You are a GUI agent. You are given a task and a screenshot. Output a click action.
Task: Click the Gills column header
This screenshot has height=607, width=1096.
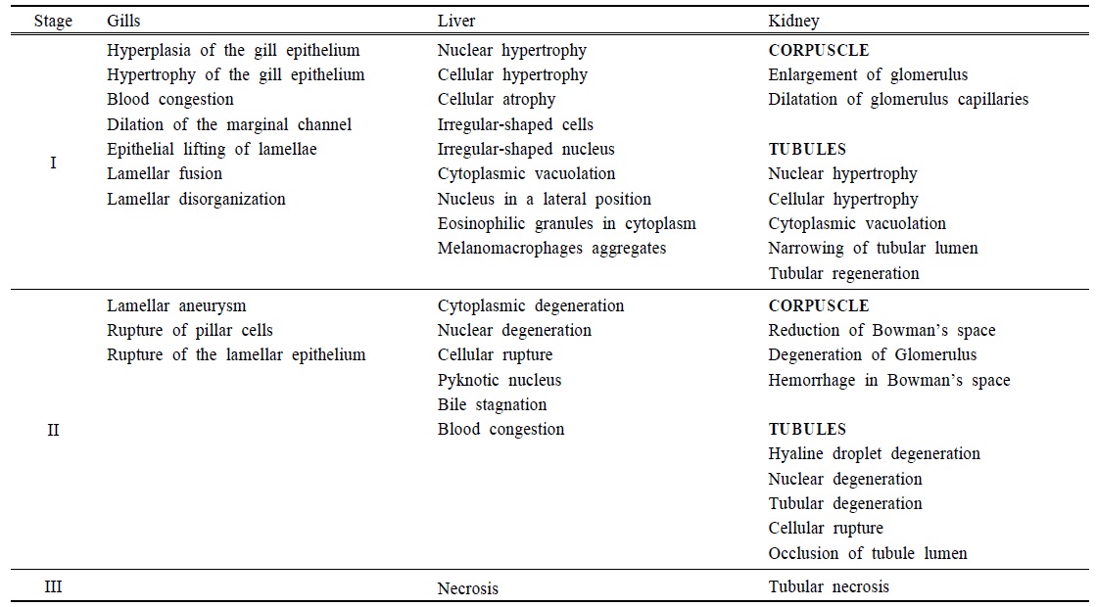pyautogui.click(x=125, y=21)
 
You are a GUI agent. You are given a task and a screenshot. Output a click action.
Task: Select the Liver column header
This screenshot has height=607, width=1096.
pyautogui.click(x=455, y=21)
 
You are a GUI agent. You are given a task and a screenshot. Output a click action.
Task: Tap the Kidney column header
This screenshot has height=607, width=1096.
pyautogui.click(x=793, y=21)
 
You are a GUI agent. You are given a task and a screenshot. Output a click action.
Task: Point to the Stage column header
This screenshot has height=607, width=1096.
pyautogui.click(x=53, y=21)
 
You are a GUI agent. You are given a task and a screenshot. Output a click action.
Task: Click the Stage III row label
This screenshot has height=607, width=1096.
pyautogui.click(x=53, y=587)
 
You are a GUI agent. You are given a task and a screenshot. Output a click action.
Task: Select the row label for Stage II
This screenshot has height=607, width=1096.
pyautogui.click(x=53, y=430)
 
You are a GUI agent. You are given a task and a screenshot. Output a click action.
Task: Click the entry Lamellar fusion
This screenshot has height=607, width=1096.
pyautogui.click(x=165, y=174)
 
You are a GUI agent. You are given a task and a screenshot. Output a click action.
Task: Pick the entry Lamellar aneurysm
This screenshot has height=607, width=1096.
pyautogui.click(x=176, y=305)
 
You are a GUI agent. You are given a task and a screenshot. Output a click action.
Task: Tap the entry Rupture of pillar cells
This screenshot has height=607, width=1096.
pyautogui.click(x=190, y=330)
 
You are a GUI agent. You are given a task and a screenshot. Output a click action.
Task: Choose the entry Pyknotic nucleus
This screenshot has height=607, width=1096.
pyautogui.click(x=500, y=380)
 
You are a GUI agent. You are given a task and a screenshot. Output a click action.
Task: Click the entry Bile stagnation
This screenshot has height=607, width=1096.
pyautogui.click(x=492, y=404)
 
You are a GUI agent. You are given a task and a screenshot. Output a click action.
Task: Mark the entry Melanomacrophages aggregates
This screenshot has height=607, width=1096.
pyautogui.click(x=551, y=249)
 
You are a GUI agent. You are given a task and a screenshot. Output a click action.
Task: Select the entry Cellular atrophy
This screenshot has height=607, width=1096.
pyautogui.click(x=497, y=100)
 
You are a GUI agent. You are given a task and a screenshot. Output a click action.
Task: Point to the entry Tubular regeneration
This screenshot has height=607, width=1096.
pyautogui.click(x=844, y=273)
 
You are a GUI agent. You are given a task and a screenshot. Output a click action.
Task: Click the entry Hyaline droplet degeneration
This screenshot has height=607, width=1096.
pyautogui.click(x=874, y=454)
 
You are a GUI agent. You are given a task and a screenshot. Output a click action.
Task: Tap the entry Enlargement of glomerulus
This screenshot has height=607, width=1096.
pyautogui.click(x=854, y=74)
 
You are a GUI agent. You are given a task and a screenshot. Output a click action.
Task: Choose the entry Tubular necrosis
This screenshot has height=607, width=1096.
pyautogui.click(x=829, y=587)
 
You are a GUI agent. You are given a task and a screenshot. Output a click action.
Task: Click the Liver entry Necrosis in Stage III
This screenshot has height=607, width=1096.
pyautogui.click(x=468, y=588)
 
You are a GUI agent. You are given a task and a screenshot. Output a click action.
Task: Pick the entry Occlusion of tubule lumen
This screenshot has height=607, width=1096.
pyautogui.click(x=868, y=554)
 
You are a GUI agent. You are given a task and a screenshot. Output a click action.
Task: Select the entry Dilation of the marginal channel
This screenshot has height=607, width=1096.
pyautogui.click(x=229, y=124)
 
